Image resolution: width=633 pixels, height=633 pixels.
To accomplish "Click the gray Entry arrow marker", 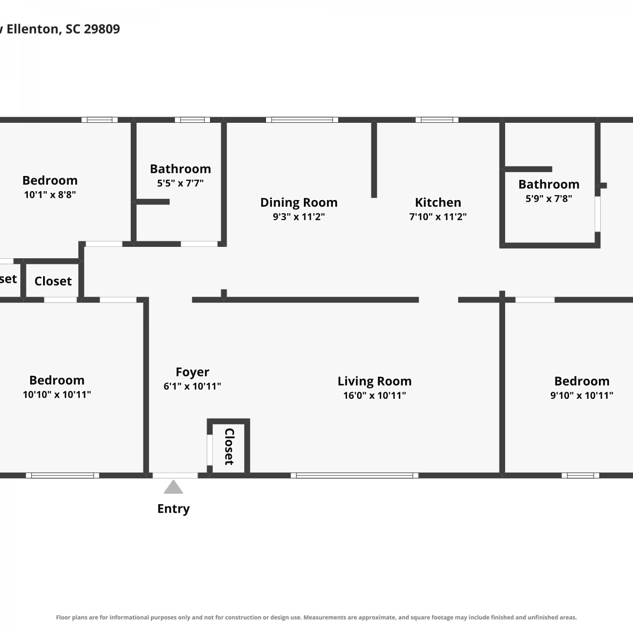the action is click(173, 487).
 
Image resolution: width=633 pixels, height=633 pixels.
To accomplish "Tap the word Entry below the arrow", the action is click(173, 509).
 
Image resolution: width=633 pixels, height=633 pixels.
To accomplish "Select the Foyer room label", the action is click(192, 372).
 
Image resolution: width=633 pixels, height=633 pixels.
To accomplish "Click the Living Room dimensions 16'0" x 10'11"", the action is click(375, 395).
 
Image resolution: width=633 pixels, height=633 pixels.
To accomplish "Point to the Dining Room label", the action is click(299, 203).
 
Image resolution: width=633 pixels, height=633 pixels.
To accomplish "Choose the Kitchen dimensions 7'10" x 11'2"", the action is click(438, 216).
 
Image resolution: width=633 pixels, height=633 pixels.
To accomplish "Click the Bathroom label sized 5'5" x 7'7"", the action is click(180, 169).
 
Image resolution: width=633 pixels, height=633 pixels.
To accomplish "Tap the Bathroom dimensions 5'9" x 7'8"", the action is click(549, 198).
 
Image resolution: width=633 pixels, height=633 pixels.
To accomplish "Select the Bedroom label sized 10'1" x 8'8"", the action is click(50, 181).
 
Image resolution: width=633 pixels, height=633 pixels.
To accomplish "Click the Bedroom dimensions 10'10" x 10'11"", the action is click(57, 394).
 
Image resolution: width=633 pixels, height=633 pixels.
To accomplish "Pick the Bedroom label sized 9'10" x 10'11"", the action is click(582, 381).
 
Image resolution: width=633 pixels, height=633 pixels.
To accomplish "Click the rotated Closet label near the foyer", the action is click(229, 446).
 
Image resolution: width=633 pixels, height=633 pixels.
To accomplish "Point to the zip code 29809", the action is click(102, 29).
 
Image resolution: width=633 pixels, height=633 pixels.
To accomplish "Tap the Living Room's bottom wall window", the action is click(354, 476).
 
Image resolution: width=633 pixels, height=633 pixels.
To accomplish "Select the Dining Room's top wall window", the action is click(302, 120).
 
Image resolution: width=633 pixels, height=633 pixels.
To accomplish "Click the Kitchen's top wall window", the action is click(437, 120).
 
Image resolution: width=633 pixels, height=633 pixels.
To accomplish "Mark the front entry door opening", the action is click(175, 476).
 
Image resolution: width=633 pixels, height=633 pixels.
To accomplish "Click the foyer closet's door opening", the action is click(210, 450).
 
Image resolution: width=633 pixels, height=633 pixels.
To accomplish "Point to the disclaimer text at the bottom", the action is click(316, 617).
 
